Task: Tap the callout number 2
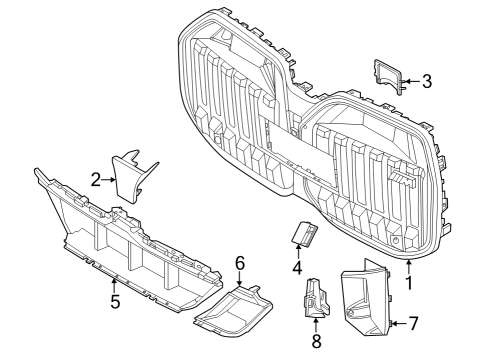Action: click(95, 179)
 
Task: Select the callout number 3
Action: click(426, 81)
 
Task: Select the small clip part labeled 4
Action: click(302, 233)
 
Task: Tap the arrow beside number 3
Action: click(412, 81)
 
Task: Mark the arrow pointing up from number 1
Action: click(408, 266)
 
